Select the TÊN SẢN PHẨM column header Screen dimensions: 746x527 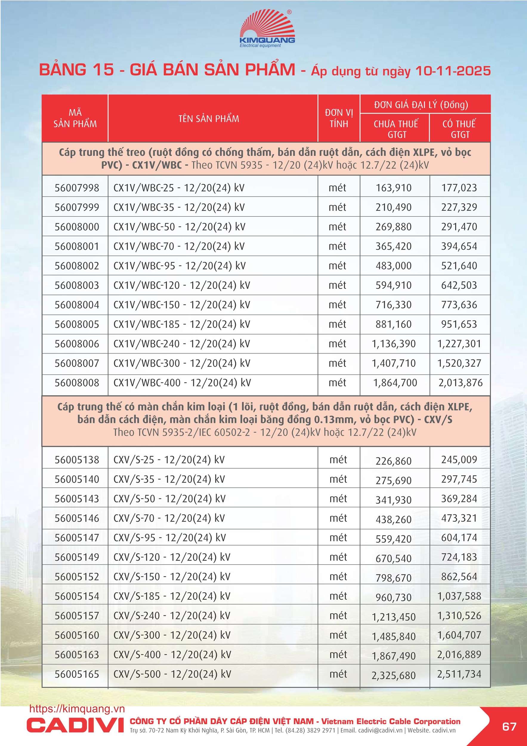(x=209, y=119)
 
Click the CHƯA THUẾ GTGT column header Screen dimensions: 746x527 (x=395, y=129)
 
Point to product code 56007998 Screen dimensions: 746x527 (x=77, y=188)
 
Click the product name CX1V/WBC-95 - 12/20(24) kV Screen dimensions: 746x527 (x=179, y=266)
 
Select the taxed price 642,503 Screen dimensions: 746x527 (x=459, y=285)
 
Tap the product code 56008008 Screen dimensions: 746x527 (x=77, y=383)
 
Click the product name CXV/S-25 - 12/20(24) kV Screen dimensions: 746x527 (x=169, y=460)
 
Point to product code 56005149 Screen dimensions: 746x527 (x=77, y=557)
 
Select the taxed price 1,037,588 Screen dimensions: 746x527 (x=459, y=596)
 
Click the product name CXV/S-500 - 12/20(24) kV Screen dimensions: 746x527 (x=172, y=674)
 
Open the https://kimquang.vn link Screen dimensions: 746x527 (x=77, y=709)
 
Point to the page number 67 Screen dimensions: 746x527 (x=509, y=726)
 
